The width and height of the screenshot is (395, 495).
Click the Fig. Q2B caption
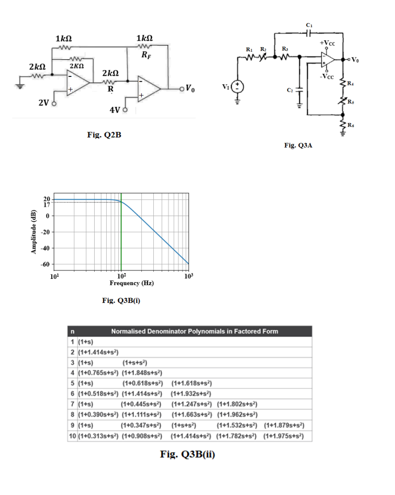coord(104,135)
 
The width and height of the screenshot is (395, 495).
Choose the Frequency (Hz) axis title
coord(131,283)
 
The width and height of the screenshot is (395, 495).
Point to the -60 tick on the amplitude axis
coord(45,265)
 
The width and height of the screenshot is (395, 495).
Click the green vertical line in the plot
coord(121,235)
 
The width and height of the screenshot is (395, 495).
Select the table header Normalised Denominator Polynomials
coord(195,331)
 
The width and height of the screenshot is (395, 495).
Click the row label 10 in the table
coord(72,435)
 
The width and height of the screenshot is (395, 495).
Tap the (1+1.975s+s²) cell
coord(286,435)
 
